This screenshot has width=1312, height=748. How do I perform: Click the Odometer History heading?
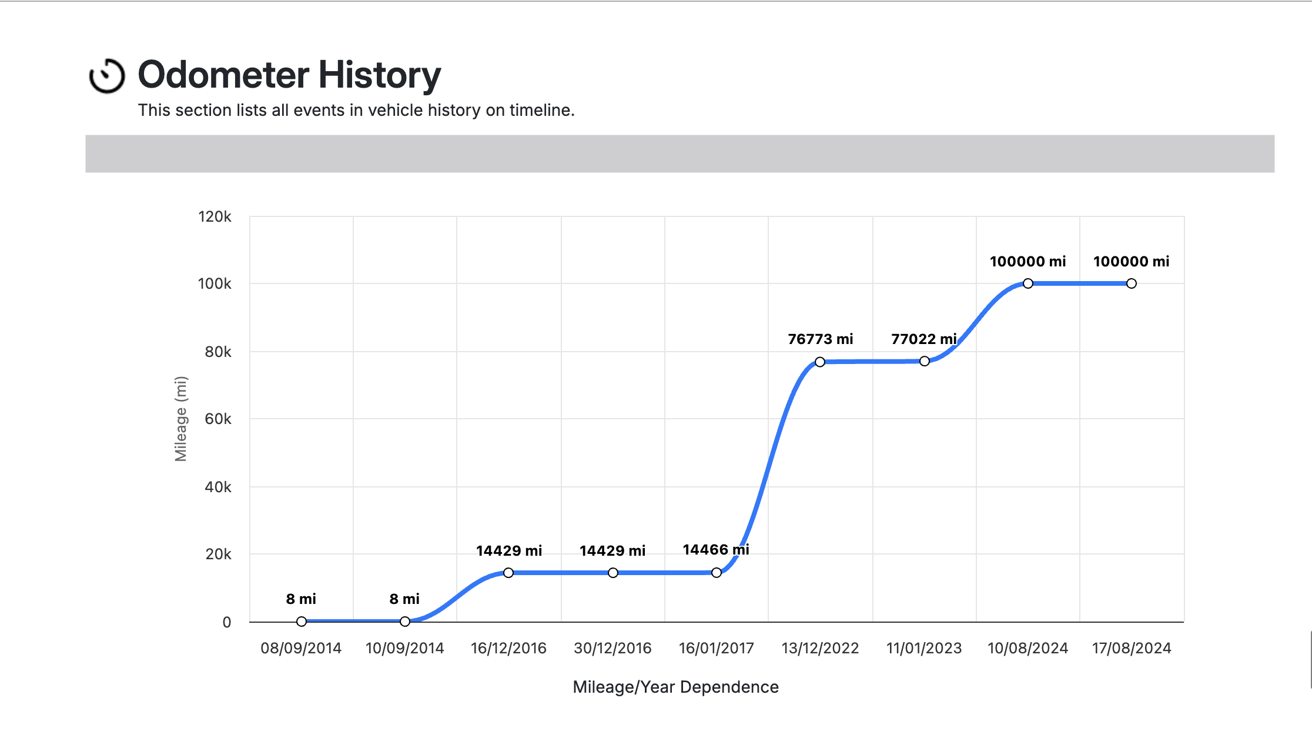point(289,75)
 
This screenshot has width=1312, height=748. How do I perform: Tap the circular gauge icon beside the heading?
point(106,76)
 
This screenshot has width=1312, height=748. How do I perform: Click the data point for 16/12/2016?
point(508,573)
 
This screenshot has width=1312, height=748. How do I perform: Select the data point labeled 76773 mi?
point(820,362)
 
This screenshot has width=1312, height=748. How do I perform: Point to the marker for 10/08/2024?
point(1027,283)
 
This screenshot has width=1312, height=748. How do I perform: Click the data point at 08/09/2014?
point(302,622)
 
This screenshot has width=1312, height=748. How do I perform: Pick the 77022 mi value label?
point(923,339)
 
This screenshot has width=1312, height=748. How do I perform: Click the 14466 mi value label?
point(715,550)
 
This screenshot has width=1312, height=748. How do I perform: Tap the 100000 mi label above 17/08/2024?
point(1131,262)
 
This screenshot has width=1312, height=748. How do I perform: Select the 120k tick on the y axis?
point(215,217)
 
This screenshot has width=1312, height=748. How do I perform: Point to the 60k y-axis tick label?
point(217,419)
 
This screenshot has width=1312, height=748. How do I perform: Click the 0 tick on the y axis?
point(226,622)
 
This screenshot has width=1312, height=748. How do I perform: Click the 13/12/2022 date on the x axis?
point(820,648)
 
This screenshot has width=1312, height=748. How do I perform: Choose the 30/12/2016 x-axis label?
point(613,648)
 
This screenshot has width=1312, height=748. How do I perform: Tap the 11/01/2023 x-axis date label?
point(923,648)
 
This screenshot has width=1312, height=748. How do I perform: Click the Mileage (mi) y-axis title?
point(180,419)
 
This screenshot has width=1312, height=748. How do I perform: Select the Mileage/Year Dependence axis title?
point(675,687)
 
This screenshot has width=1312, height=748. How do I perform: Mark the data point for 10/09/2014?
point(405,622)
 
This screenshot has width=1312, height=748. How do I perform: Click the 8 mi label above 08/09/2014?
point(301,599)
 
